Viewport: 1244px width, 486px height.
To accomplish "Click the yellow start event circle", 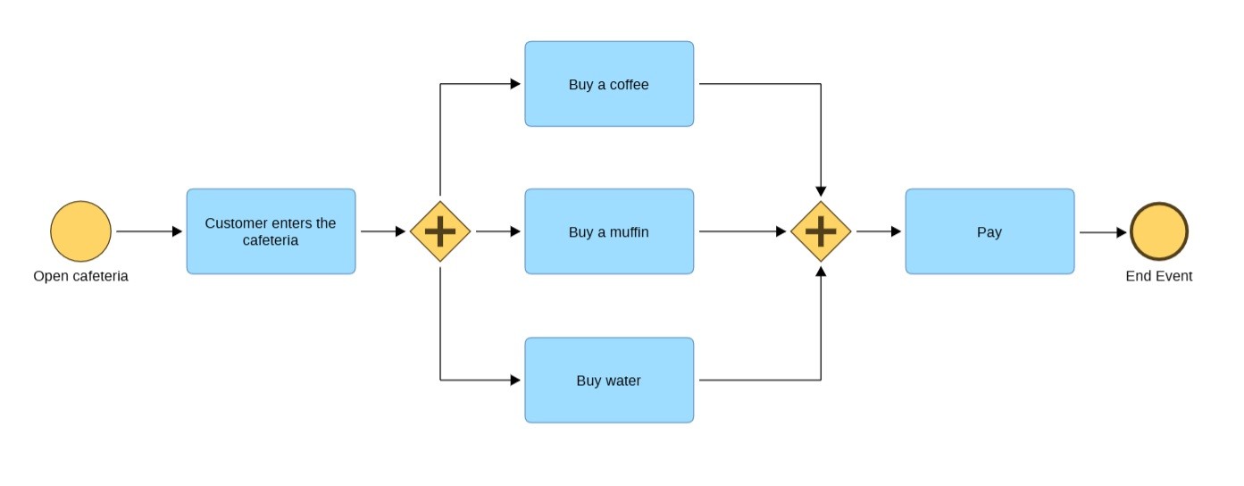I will click(80, 231).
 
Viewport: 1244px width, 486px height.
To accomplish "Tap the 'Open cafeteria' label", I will click(80, 276).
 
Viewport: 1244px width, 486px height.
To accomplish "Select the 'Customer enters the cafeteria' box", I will click(271, 231).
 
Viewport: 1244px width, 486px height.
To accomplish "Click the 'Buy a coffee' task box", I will click(609, 84).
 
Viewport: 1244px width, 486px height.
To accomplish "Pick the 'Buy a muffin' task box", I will click(609, 231).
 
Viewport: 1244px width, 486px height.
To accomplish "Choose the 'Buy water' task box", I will click(609, 380).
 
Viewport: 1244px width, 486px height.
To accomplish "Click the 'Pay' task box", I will click(989, 231).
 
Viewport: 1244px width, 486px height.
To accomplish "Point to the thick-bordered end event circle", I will click(1158, 231).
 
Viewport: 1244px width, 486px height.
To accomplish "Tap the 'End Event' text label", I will click(1158, 276).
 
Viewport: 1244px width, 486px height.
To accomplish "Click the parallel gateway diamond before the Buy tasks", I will click(440, 231).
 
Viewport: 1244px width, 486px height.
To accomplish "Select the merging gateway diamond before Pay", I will click(821, 231).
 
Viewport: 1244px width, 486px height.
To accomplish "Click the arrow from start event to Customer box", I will click(148, 231).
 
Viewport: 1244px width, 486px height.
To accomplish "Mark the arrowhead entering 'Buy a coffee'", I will click(515, 84).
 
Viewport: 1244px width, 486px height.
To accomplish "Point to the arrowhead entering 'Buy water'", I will click(515, 380).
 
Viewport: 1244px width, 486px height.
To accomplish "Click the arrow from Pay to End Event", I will click(1103, 232).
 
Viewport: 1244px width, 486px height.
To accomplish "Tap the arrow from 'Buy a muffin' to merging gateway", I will click(742, 231).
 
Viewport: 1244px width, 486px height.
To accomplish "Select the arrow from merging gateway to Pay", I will click(879, 231).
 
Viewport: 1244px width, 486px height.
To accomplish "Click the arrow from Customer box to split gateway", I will click(383, 231).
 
